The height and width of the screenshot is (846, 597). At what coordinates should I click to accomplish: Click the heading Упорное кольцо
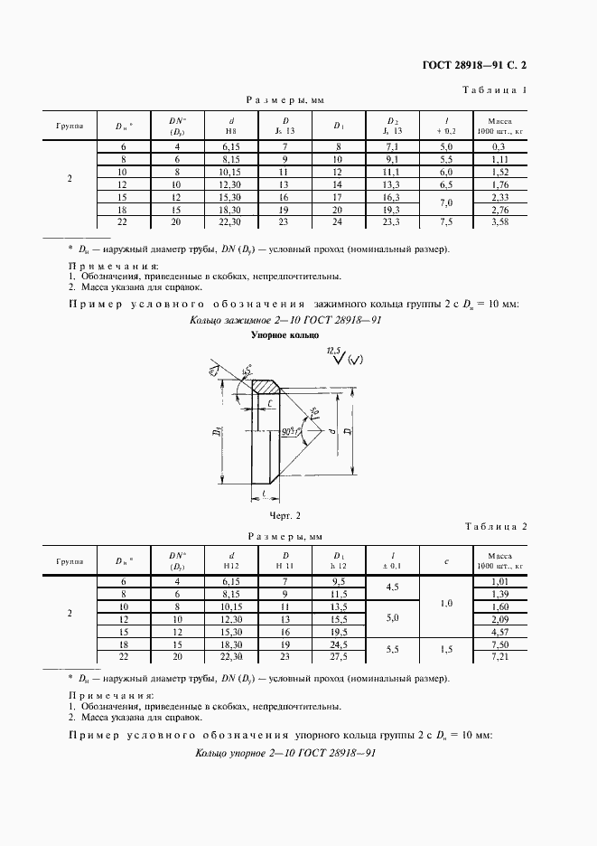(279, 335)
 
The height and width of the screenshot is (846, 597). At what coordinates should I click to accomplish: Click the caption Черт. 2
(283, 515)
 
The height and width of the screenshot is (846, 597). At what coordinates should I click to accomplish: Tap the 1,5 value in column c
(446, 650)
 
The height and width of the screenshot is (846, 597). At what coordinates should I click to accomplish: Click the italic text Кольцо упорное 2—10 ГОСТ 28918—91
(285, 753)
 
